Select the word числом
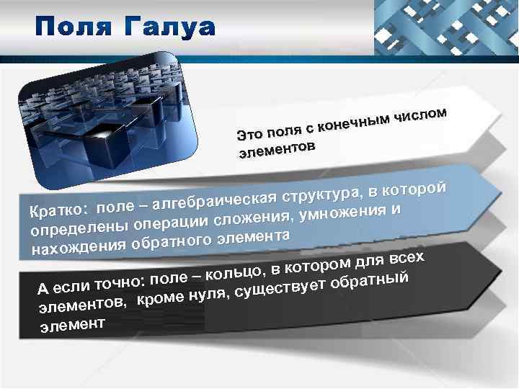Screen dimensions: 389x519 (424, 113)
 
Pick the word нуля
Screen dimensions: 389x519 (210, 294)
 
